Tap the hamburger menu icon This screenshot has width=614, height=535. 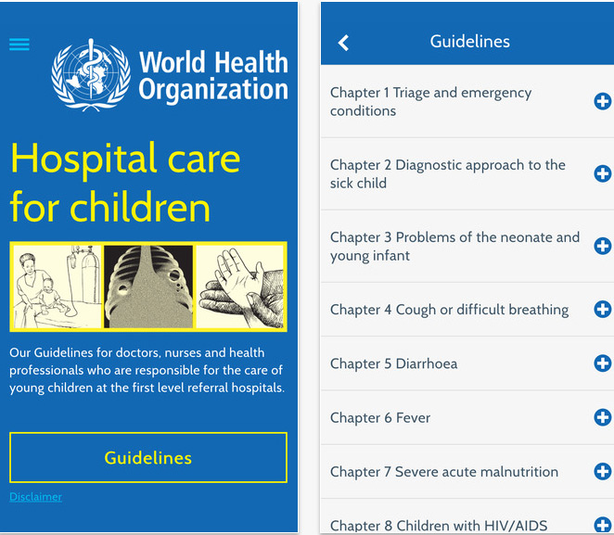pos(19,45)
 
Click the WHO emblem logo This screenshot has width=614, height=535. pos(91,74)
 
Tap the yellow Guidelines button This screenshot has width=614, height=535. pos(148,458)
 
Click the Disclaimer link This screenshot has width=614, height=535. pos(35,497)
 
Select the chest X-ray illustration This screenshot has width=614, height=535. pos(148,287)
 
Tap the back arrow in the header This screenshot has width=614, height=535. pos(343,43)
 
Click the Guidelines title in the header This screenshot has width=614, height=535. pos(469,42)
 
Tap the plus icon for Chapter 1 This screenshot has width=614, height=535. pos(602,101)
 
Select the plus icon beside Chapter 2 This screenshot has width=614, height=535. pos(602,173)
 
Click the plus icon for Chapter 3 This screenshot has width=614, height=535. pos(602,246)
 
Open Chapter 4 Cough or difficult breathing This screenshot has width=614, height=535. pos(449,310)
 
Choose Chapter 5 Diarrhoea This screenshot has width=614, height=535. pos(393,363)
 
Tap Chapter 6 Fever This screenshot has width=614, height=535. pos(380,417)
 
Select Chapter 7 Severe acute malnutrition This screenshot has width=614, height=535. pos(444,471)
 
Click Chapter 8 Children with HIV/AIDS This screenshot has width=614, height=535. pos(438,525)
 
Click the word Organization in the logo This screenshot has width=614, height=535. pos(213,90)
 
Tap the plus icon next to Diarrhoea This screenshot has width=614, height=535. pos(602,363)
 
